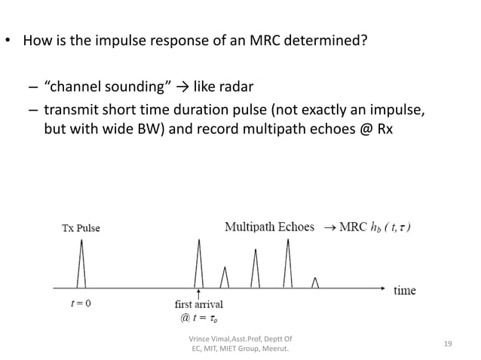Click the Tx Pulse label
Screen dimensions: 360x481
81,228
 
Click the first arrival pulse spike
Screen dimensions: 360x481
198,264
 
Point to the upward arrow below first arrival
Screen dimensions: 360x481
198,294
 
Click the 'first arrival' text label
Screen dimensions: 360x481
198,305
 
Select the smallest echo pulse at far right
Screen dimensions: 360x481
316,282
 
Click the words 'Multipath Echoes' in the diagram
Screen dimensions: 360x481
269,227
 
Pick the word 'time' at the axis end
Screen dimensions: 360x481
404,289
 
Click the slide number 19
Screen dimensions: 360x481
448,344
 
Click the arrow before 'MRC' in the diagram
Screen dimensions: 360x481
331,227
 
